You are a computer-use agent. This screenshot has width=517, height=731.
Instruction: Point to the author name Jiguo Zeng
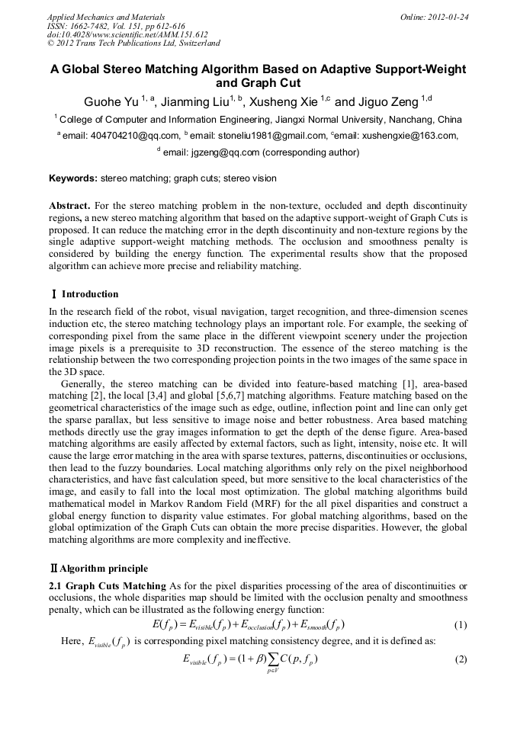coord(386,101)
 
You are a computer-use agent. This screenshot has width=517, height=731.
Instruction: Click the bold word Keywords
coord(73,178)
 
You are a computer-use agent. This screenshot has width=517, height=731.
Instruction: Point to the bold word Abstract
coord(69,207)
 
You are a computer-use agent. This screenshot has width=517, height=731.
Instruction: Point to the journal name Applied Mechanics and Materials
coord(106,16)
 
